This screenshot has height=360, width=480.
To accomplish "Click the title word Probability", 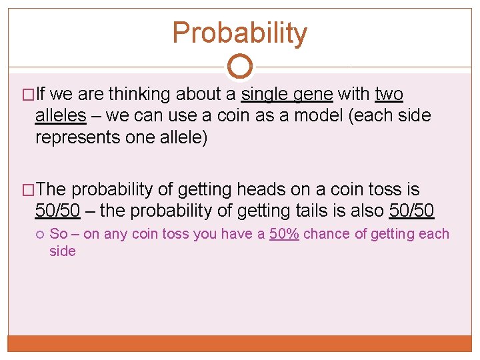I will (x=240, y=33).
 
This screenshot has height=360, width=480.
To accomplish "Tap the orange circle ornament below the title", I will (x=240, y=66).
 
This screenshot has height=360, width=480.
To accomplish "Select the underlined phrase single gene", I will (x=287, y=94).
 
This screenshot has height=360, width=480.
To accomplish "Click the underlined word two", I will (x=389, y=94).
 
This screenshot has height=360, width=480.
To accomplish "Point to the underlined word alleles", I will (x=61, y=115).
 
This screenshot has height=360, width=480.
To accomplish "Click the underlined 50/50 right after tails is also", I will (x=411, y=211).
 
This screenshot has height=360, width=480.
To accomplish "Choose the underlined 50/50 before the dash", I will (x=57, y=211).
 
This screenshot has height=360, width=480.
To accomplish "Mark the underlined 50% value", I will (x=284, y=234).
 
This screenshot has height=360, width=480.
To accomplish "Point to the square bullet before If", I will (x=28, y=95).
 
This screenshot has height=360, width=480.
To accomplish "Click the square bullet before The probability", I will (x=28, y=191).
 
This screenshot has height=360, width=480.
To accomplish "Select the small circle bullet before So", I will (x=41, y=235).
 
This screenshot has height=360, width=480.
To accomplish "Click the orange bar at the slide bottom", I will (x=240, y=343).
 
